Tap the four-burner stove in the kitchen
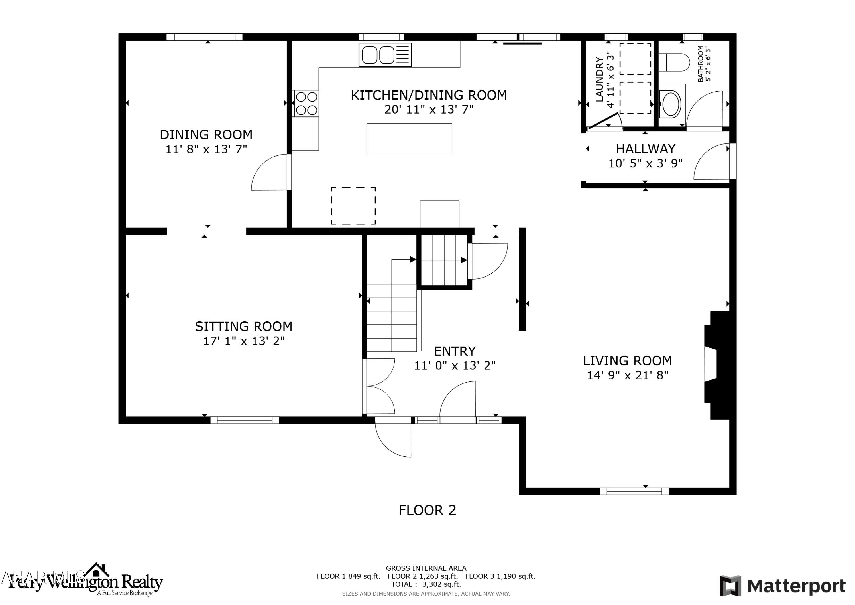(306, 103)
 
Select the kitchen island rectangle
(409, 139)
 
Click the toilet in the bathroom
(674, 62)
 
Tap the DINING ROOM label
(206, 135)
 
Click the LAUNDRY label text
(599, 79)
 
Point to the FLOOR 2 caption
(427, 510)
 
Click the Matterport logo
(782, 586)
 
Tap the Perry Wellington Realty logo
(86, 582)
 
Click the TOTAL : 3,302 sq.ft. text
(426, 584)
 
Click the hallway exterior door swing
(710, 162)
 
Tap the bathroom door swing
(704, 109)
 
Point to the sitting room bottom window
(245, 420)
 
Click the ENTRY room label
(455, 351)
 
